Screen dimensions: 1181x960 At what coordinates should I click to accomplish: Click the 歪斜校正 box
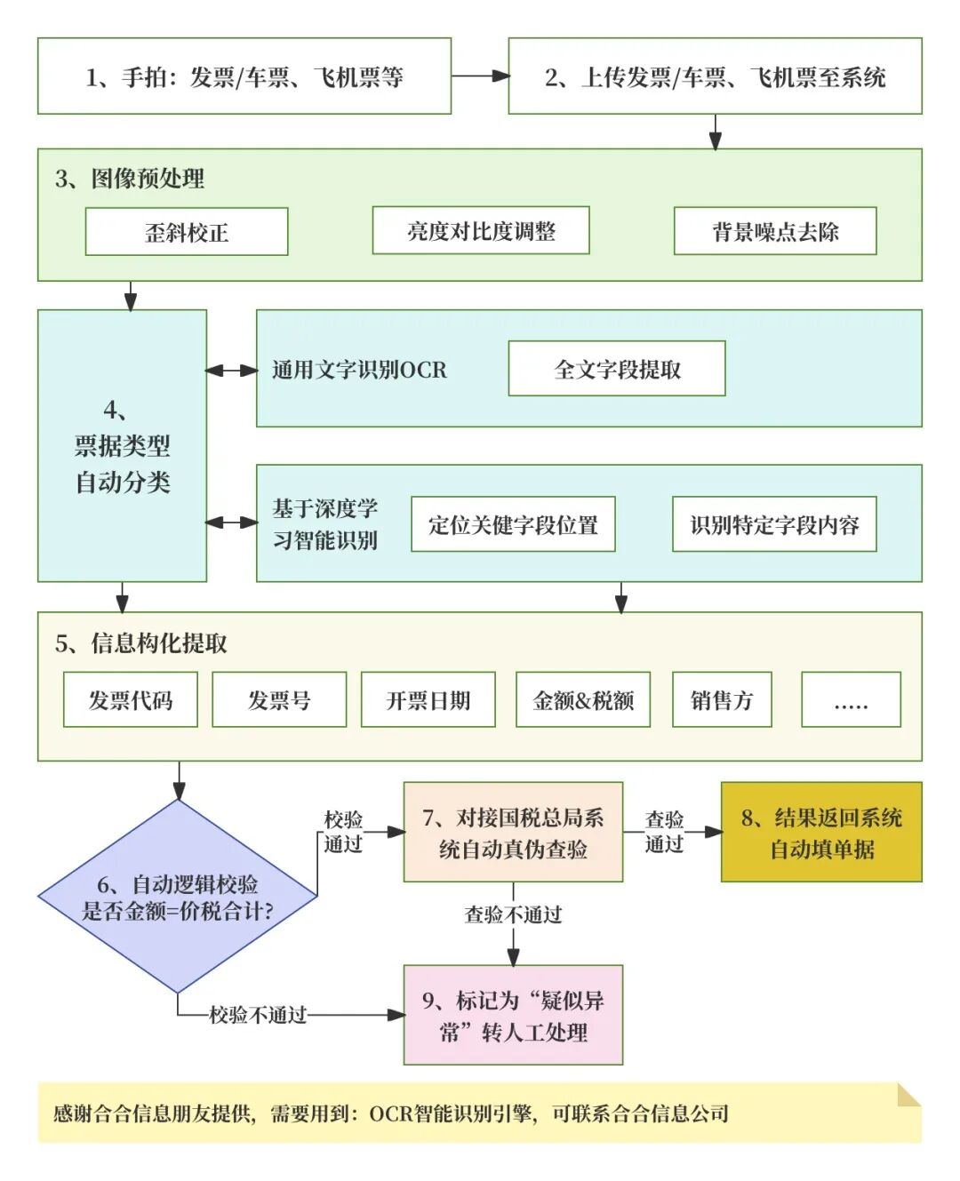187,232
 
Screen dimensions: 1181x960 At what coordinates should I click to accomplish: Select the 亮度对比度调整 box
481,231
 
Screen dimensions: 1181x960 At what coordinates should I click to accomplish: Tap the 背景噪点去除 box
775,231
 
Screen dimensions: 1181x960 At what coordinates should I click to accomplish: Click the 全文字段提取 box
617,369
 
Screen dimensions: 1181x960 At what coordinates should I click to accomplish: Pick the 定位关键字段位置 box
513,524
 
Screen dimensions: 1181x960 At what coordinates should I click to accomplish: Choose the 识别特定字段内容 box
774,524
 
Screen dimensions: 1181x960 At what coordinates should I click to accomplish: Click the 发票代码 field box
131,700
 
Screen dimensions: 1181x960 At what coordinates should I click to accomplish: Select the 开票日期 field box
428,700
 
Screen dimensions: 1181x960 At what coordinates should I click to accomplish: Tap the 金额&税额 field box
583,700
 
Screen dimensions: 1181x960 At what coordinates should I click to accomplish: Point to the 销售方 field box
722,700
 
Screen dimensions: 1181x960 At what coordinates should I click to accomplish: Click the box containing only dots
851,700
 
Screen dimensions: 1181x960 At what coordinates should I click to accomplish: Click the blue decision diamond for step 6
178,896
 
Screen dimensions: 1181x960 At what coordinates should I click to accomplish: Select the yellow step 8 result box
821,833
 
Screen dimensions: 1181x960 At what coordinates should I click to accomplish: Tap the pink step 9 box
513,1016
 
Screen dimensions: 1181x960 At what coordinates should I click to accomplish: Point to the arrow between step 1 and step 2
480,76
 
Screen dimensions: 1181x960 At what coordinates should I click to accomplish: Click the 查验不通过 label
513,914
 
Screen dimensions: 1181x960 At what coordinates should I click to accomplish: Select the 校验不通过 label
258,1015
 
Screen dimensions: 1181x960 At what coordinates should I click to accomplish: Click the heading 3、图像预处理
130,179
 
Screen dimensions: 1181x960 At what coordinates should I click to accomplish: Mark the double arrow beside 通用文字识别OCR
231,370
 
